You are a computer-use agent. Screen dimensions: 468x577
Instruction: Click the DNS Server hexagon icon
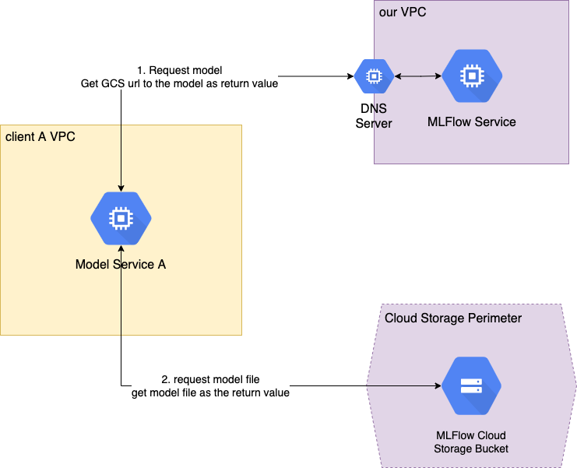pos(374,76)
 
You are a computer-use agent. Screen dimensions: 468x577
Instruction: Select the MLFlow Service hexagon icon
pos(471,76)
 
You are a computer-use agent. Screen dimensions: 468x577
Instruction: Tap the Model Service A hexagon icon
pos(121,219)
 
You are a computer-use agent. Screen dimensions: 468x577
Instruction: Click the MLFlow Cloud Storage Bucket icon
pos(471,386)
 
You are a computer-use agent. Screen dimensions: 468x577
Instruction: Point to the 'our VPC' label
pos(402,12)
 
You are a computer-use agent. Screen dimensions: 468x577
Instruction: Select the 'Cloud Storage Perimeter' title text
pos(453,318)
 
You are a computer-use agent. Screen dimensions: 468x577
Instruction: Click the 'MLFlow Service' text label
pos(471,122)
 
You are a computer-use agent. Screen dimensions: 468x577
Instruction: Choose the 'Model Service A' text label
pos(121,264)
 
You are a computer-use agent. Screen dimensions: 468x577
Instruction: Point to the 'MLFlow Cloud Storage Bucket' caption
pos(471,442)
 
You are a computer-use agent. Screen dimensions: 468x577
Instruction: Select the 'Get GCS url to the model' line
pos(179,83)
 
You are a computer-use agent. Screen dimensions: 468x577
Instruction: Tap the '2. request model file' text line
pos(210,379)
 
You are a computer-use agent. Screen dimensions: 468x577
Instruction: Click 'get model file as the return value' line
pos(210,392)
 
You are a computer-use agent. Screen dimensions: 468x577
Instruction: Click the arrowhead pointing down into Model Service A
pos(121,187)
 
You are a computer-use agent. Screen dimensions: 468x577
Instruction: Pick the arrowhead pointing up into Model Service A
pos(121,250)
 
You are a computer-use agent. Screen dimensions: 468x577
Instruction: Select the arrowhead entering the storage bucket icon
pos(437,386)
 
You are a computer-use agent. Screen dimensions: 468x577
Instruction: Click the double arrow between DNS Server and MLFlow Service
pos(417,76)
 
